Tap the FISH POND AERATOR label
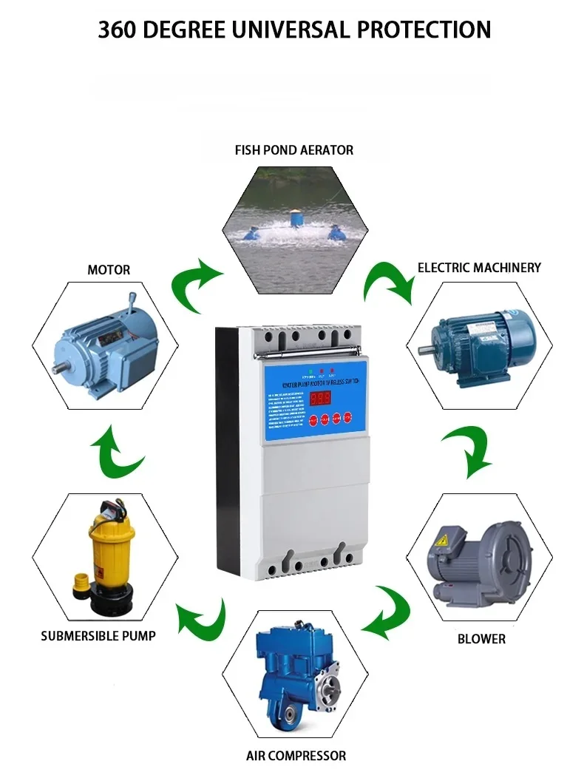pos(294,150)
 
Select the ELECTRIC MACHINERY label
pos(479,268)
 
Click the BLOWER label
pos(481,638)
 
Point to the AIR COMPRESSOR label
pos(296,756)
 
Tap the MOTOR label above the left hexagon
pos(109,270)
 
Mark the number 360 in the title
pos(121,30)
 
